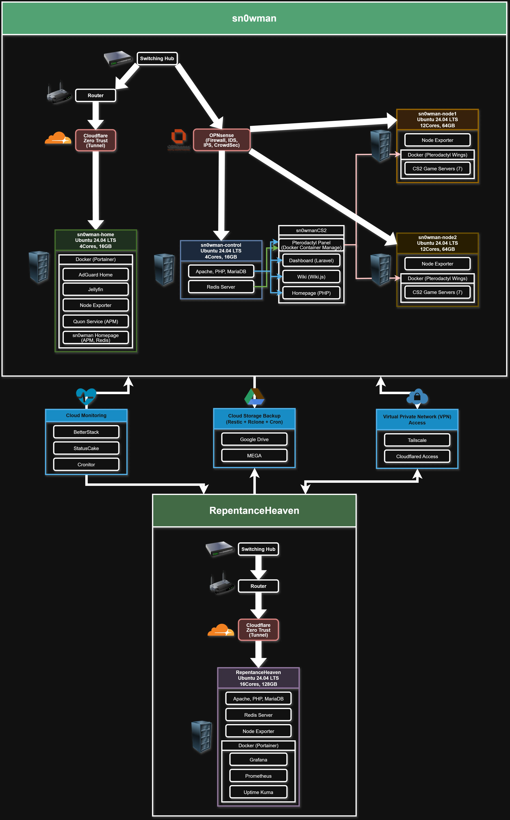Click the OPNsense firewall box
pos(221,140)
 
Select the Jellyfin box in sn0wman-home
pos(96,289)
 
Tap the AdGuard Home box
pos(96,275)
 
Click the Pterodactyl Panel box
pos(311,245)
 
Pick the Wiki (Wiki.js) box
pos(311,277)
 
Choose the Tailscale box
pos(417,440)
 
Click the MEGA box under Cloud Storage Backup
pos(254,455)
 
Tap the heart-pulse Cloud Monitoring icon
pos(86,396)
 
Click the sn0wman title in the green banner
pos(254,18)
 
